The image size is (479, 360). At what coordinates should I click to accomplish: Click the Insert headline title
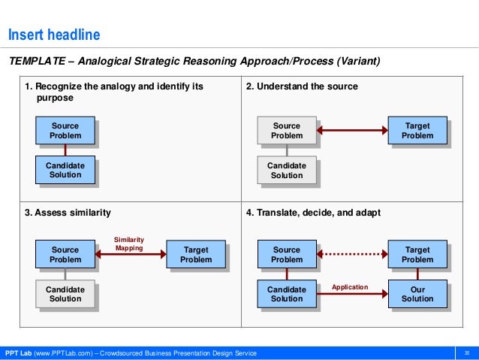click(x=53, y=35)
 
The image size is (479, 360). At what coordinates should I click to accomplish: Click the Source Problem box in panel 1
click(x=65, y=131)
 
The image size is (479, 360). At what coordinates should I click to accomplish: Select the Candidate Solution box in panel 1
click(x=65, y=170)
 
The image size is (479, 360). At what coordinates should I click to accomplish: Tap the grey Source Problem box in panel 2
click(x=286, y=131)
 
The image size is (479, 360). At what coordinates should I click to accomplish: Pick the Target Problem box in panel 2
click(x=417, y=131)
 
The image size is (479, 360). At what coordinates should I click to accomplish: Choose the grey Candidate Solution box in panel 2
click(x=286, y=170)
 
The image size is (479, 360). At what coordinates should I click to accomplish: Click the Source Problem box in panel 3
click(x=65, y=255)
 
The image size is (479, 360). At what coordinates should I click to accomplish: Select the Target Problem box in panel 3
click(x=195, y=255)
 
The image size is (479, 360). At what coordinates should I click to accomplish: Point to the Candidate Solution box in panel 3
click(x=65, y=294)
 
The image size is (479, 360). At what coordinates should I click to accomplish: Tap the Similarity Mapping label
click(x=129, y=244)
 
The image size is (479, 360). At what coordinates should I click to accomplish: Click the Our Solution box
click(x=417, y=294)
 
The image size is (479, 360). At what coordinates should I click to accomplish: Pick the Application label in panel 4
click(x=350, y=287)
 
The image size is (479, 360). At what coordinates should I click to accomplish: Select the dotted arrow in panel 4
click(x=351, y=255)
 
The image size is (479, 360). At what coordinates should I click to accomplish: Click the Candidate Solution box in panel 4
click(x=286, y=294)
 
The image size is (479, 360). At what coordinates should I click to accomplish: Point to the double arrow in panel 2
click(x=351, y=131)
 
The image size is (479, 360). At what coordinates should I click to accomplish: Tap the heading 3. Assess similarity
click(x=68, y=213)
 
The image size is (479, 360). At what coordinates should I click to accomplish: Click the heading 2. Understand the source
click(x=302, y=86)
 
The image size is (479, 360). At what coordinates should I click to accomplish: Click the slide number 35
click(x=466, y=353)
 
